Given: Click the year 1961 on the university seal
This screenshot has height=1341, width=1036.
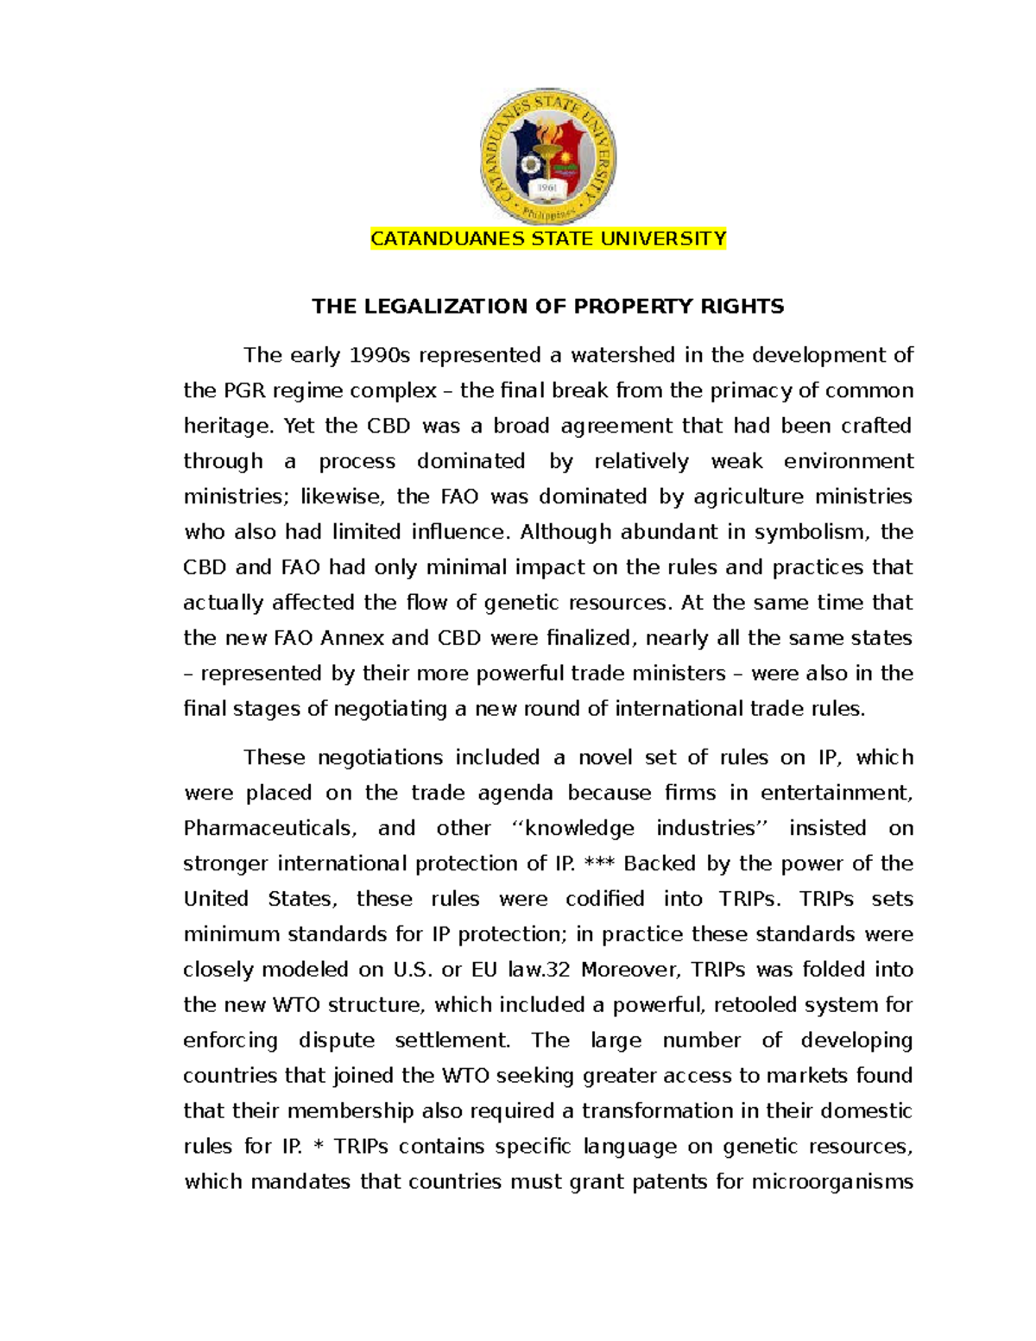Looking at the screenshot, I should click(x=546, y=187).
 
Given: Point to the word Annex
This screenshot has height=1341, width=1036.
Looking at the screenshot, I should click(x=352, y=639).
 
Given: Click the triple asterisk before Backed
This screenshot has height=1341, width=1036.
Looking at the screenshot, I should click(x=599, y=863).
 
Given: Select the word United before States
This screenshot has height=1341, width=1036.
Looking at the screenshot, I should click(x=216, y=900).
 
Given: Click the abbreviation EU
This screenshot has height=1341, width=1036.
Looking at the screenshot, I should click(x=483, y=971).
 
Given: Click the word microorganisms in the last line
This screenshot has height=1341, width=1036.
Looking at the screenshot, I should click(x=832, y=1182).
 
